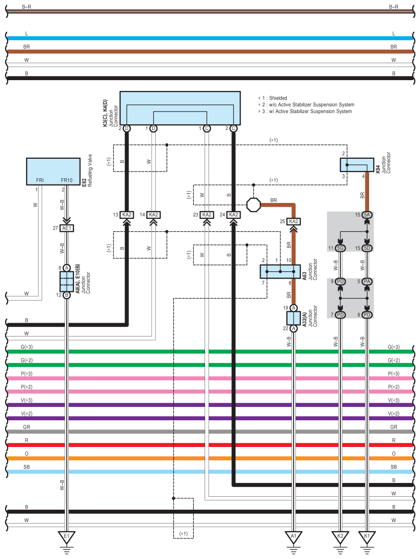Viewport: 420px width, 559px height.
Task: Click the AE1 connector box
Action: (x=67, y=228)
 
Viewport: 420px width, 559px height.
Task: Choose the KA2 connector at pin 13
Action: (x=127, y=215)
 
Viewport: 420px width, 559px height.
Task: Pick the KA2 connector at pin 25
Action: (x=294, y=221)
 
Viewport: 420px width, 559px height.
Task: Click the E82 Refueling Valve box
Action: (x=53, y=171)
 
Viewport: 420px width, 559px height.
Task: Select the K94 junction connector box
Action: (x=356, y=165)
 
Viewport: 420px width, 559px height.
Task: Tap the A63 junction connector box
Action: (x=280, y=272)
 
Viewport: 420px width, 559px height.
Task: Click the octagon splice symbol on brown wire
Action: (x=254, y=204)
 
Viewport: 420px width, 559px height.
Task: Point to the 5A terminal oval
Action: (x=367, y=215)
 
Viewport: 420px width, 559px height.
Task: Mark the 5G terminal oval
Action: (x=340, y=248)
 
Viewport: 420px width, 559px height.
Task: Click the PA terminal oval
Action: (x=367, y=282)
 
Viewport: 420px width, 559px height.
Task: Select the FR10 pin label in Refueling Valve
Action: (x=67, y=180)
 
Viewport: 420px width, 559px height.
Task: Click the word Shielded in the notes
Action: (x=278, y=98)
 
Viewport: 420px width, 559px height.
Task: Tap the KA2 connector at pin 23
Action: (x=207, y=215)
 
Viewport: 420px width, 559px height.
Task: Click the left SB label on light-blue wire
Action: (x=26, y=467)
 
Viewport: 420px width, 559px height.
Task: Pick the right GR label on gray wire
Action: (x=394, y=427)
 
